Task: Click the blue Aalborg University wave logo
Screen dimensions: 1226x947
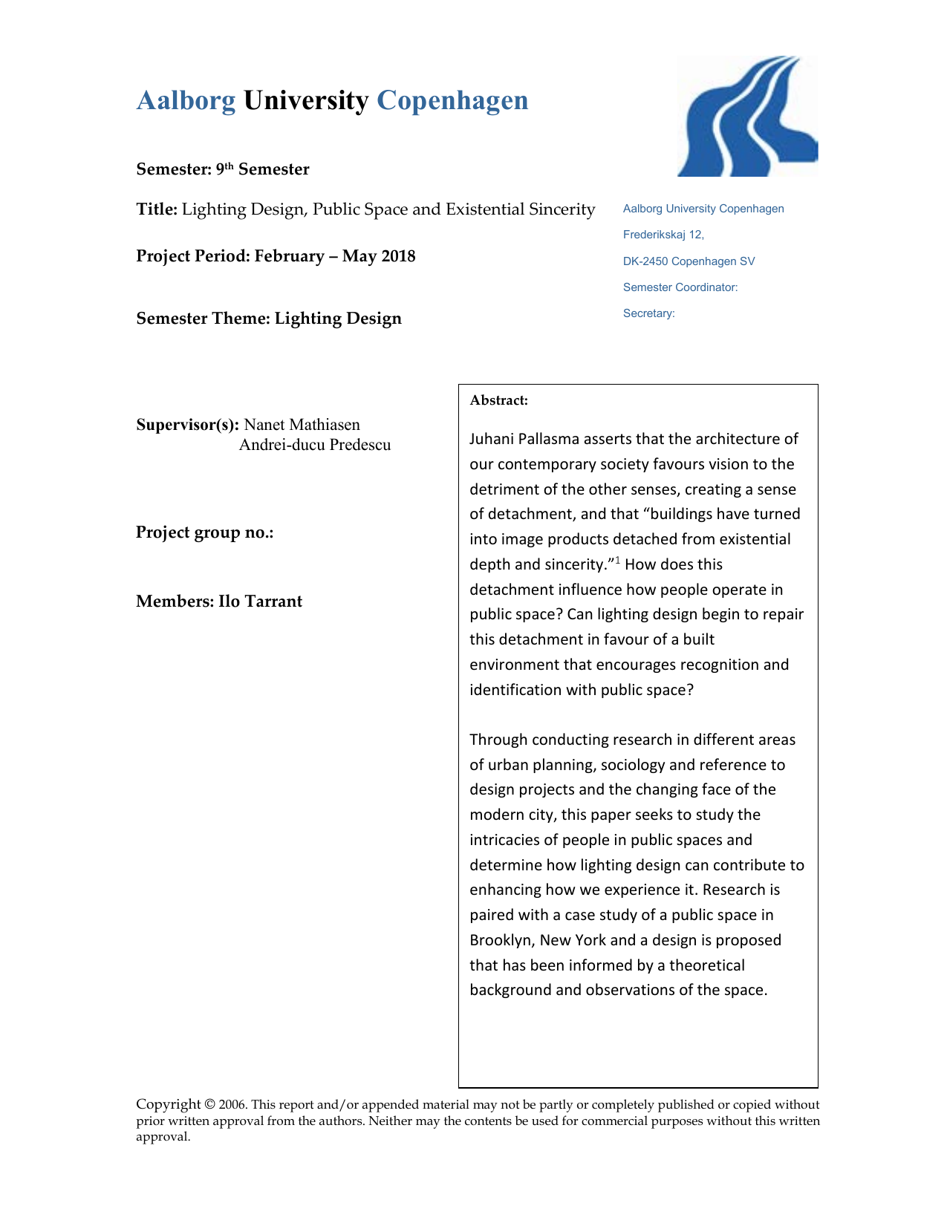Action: [747, 117]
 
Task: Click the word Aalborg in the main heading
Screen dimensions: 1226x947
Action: [186, 101]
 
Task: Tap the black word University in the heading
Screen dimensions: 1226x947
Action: [306, 101]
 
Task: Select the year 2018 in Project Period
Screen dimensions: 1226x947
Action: [398, 256]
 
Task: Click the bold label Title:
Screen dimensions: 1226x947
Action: [157, 209]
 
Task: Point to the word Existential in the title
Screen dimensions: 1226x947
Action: [486, 209]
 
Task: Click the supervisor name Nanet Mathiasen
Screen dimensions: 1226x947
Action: [302, 425]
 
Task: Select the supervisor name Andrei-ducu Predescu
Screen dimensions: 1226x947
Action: [315, 445]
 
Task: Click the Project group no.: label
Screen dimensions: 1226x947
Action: [205, 532]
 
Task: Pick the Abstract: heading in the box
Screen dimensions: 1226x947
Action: [499, 401]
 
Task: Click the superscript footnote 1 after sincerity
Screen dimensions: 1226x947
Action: [617, 560]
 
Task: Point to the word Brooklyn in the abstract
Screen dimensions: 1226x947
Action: [501, 940]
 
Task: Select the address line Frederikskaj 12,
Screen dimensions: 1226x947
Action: [663, 235]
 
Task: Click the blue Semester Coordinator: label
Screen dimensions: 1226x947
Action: [680, 287]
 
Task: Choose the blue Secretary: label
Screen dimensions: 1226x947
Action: [649, 313]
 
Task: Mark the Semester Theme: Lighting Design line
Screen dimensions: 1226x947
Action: [269, 319]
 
